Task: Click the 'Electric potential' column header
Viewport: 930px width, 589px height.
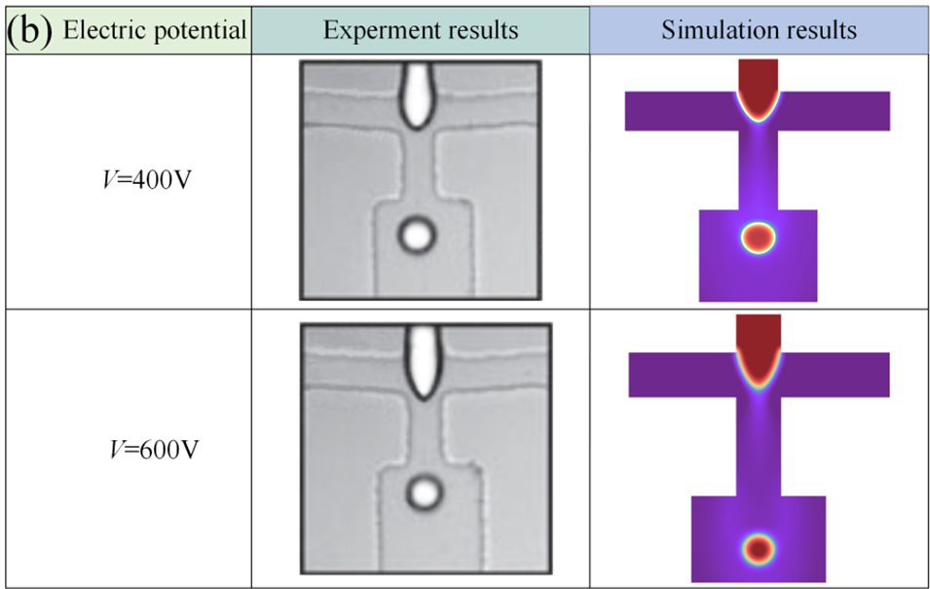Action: pos(154,29)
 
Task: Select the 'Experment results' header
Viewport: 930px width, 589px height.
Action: pos(421,30)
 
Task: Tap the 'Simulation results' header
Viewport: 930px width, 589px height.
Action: pos(759,30)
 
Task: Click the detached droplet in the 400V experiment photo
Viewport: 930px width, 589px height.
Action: pos(417,234)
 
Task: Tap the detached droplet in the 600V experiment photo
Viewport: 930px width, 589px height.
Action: pos(424,493)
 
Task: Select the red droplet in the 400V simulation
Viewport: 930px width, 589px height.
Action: pos(758,237)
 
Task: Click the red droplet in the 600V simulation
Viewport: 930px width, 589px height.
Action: pos(759,548)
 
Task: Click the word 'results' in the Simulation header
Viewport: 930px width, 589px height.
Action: pos(822,30)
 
